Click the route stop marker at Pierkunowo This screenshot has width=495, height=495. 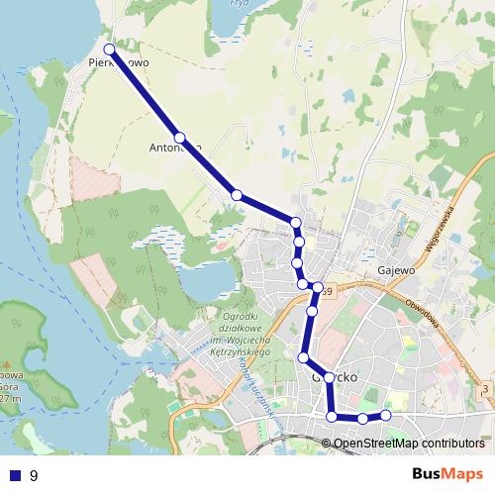(x=110, y=49)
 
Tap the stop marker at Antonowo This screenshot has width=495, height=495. (x=180, y=138)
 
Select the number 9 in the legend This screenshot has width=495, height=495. (x=35, y=475)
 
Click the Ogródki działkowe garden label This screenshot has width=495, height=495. (x=235, y=330)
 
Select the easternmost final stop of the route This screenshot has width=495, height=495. (x=386, y=415)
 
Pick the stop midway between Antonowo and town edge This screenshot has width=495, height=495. (x=237, y=194)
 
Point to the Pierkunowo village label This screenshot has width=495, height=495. (x=118, y=61)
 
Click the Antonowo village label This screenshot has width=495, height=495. (x=175, y=148)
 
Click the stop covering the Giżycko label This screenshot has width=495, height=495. (x=329, y=378)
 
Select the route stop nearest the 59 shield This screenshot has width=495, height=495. (x=318, y=288)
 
